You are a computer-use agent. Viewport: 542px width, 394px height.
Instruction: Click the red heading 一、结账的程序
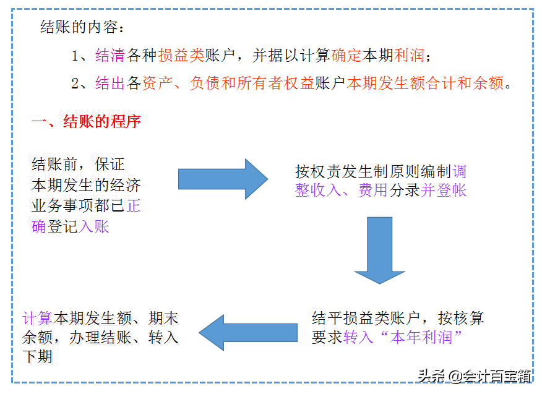coord(87,121)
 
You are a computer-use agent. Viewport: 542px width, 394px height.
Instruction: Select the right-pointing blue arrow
coord(223,179)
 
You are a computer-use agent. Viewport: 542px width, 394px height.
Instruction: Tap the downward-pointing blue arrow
coord(379,250)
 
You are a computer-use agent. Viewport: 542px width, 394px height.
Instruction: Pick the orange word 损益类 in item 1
coord(181,56)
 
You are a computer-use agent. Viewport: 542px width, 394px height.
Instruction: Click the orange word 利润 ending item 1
coord(410,56)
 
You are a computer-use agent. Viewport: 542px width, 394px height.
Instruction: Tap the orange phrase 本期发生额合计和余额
coord(426,84)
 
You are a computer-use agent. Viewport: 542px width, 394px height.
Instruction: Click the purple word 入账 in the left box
coord(94,227)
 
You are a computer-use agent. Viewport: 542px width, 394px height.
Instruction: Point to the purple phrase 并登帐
coord(444,191)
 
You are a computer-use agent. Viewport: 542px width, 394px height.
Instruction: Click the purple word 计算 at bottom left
coord(37,319)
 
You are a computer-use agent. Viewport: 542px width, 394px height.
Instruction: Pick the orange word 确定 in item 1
coord(346,56)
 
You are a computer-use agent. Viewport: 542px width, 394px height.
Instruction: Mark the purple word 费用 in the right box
coord(373,191)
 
